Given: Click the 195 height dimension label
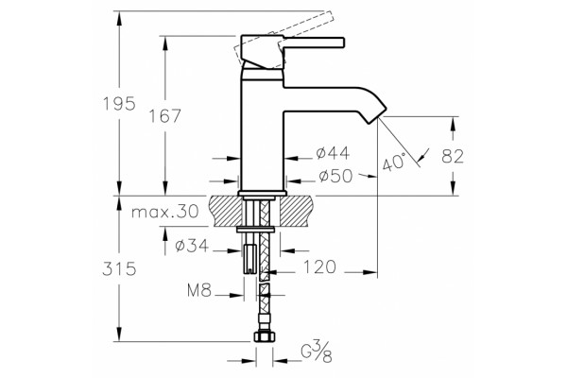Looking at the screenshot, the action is [x=119, y=104].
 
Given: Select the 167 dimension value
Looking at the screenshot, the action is [x=164, y=116].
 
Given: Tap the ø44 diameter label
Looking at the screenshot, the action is [x=333, y=153].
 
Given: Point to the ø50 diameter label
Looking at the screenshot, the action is [x=335, y=176].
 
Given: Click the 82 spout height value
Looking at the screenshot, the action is [x=453, y=157].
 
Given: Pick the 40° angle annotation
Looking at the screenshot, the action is [x=394, y=162].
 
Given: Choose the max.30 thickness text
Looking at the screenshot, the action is [x=165, y=212].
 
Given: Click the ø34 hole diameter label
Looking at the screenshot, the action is [x=192, y=246].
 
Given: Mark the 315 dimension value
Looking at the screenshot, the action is [x=119, y=269].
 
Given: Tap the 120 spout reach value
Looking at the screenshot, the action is [x=319, y=267].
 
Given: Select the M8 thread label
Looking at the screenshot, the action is [x=199, y=290].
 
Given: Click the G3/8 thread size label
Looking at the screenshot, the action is [x=317, y=353].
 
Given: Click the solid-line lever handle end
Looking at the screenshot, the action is [x=342, y=43].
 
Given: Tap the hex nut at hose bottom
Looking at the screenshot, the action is [x=264, y=336].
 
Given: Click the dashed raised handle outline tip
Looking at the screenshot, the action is [x=330, y=17].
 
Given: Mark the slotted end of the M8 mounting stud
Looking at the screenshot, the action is [x=249, y=268].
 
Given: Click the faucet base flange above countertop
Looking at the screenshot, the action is [x=263, y=193].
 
